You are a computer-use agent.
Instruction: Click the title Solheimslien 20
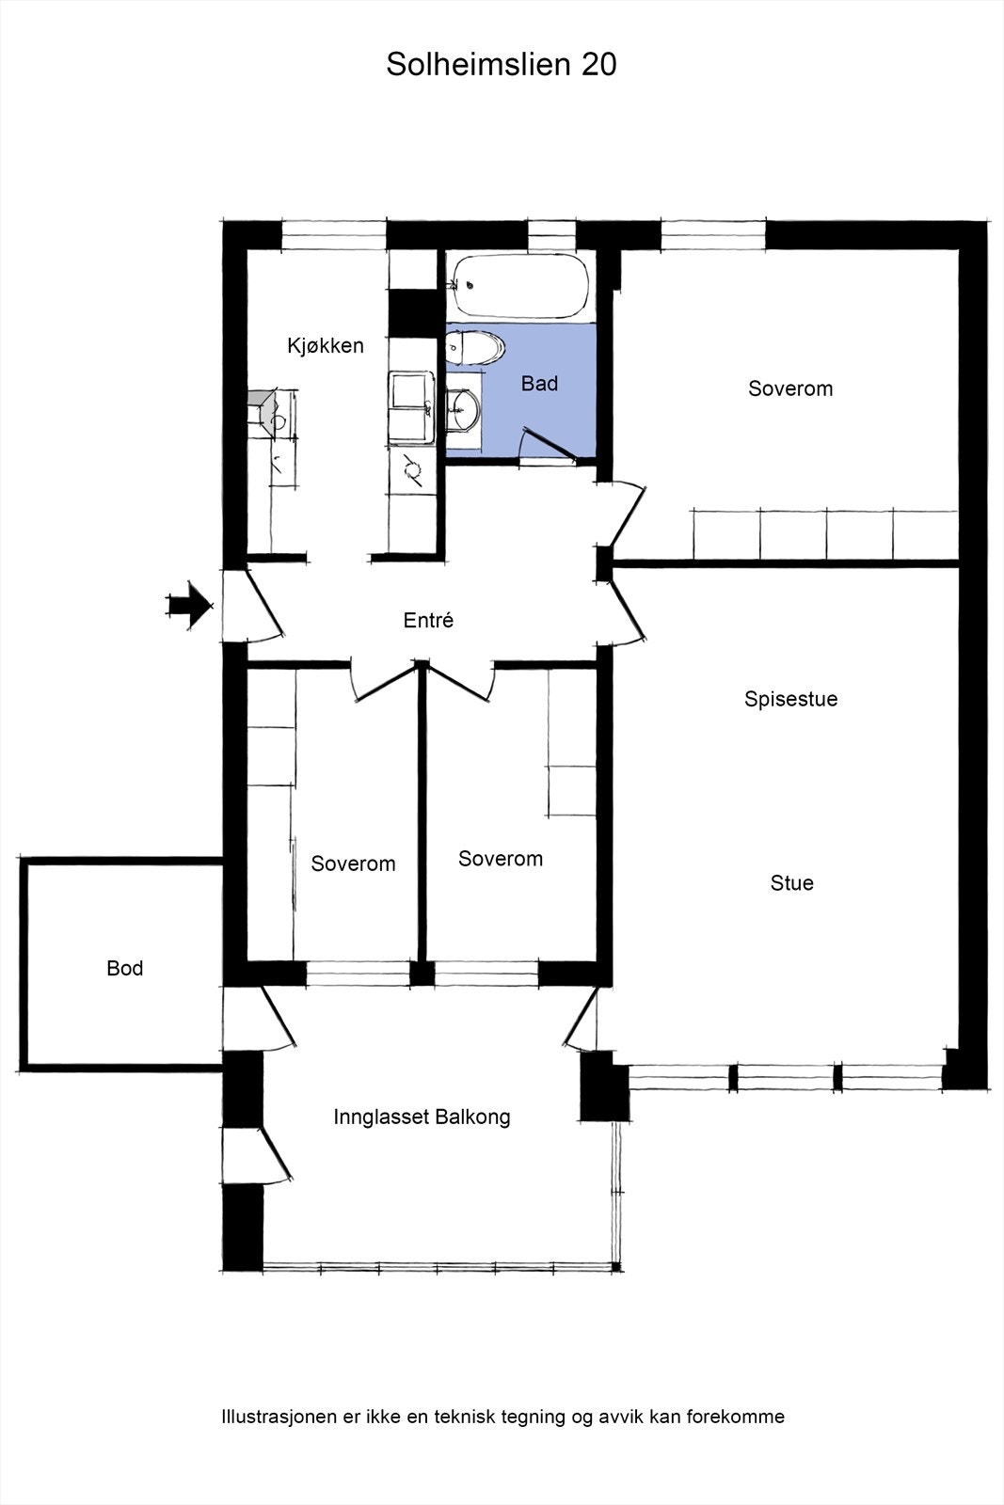coord(502,65)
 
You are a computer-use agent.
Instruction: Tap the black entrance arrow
coord(189,606)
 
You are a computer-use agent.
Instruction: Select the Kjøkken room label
coord(326,345)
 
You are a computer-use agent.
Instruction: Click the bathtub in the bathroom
coord(520,286)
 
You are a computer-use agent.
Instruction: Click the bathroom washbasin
coord(463,409)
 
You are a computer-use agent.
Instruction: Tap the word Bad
coord(539,384)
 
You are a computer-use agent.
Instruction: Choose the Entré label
coord(428,620)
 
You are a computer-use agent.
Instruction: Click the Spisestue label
coord(791,700)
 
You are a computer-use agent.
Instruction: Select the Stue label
coord(791,883)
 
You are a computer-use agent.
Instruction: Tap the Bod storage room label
coord(125,968)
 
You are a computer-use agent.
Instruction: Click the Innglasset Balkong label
coord(422,1117)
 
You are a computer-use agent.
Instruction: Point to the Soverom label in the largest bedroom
coord(790,388)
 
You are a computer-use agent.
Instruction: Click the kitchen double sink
coord(411,408)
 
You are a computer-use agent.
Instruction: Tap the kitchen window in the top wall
coord(334,235)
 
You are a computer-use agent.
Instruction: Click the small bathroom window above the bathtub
coord(551,235)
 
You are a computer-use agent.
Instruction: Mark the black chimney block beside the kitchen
coord(413,313)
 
